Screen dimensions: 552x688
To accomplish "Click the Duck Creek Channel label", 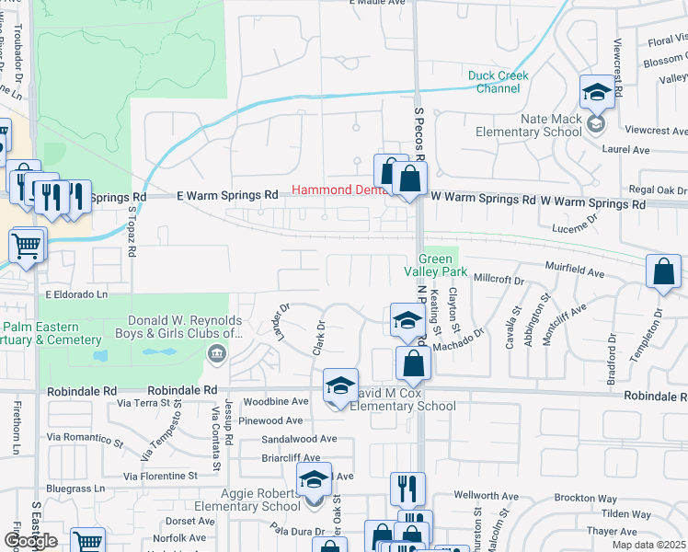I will [494, 82].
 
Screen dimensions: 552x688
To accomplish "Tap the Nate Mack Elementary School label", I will [528, 125].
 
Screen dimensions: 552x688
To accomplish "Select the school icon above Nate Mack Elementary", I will [597, 92].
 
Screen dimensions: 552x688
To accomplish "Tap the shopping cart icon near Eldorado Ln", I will [27, 246].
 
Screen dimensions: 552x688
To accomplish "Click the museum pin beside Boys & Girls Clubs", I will [216, 353].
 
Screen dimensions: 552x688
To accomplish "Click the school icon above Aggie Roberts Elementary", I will [314, 478].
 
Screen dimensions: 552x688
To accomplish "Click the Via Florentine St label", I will [161, 477].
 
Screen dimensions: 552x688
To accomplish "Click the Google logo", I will [30, 541].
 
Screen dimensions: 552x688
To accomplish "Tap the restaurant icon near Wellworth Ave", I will [407, 488].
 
